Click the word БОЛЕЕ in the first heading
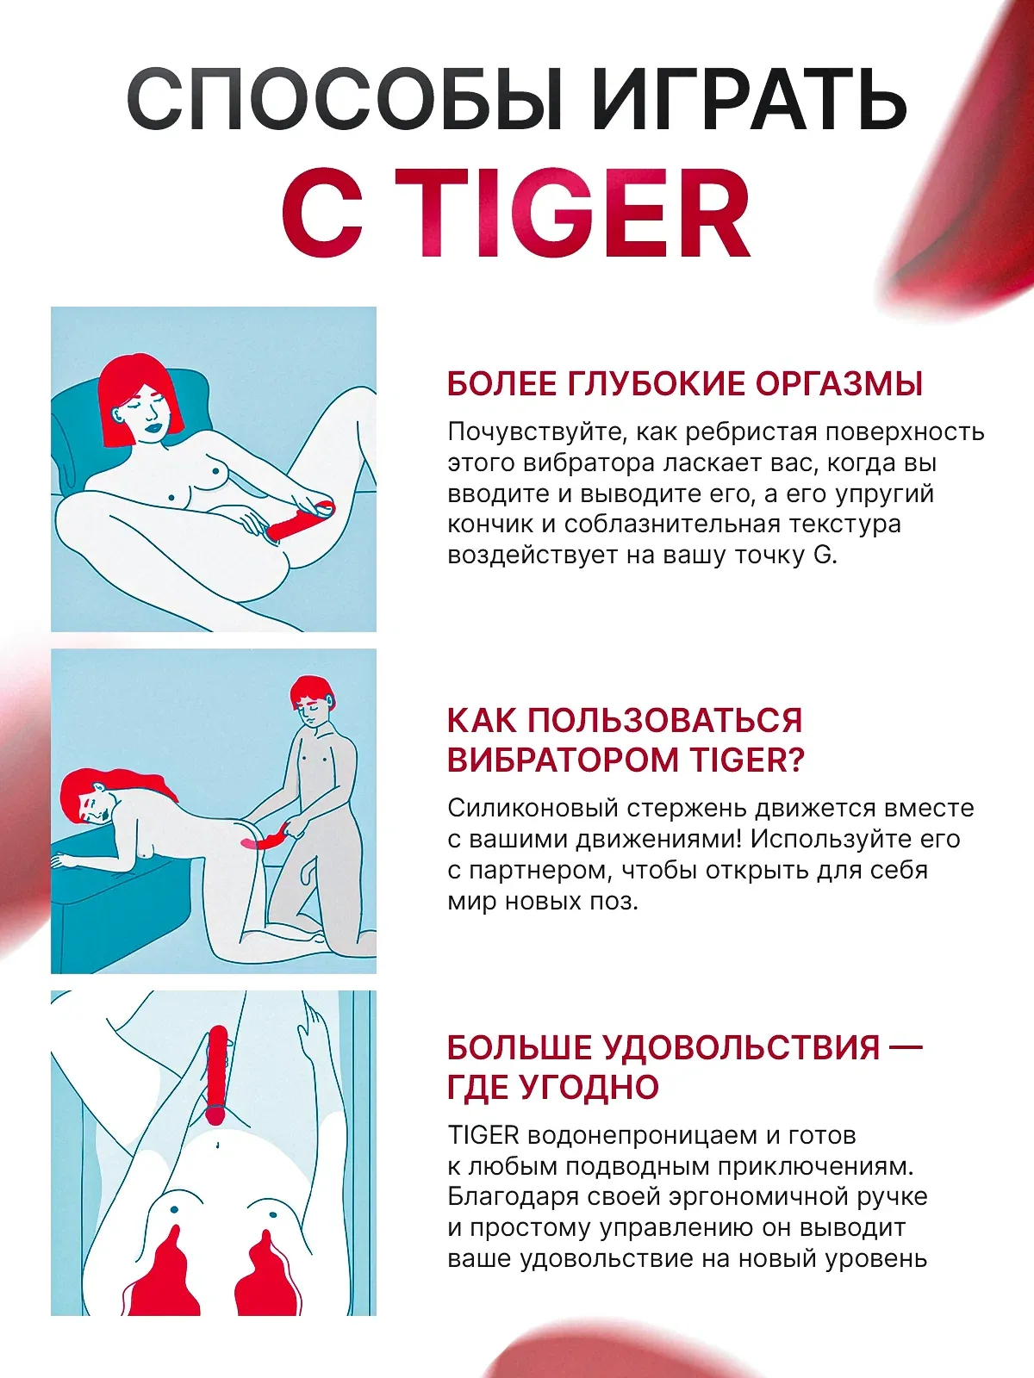point(502,384)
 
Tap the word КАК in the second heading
point(482,721)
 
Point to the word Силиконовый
point(533,808)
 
